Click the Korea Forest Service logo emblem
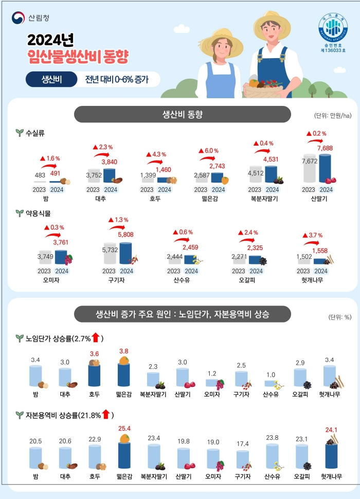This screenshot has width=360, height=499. [18, 18]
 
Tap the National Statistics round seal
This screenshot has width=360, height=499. [333, 27]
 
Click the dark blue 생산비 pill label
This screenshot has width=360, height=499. [51, 79]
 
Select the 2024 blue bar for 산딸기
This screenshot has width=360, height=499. [325, 168]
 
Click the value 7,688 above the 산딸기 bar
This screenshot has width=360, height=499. [325, 148]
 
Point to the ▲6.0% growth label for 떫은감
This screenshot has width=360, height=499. [209, 151]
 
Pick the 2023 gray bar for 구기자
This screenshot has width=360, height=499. [110, 258]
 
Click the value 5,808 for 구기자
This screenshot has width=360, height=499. [125, 235]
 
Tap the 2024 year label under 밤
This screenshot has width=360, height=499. [57, 190]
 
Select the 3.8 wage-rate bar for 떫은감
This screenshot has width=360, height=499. [124, 375]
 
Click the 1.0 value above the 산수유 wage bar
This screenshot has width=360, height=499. [271, 375]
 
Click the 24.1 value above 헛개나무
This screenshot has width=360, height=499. [331, 430]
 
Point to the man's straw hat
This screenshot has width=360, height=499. [272, 24]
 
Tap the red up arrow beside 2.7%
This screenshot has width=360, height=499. [96, 337]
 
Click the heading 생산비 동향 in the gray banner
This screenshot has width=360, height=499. [183, 115]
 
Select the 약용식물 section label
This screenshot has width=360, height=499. [38, 213]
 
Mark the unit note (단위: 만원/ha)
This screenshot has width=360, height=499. [333, 116]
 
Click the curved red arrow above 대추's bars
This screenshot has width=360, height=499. [101, 155]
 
